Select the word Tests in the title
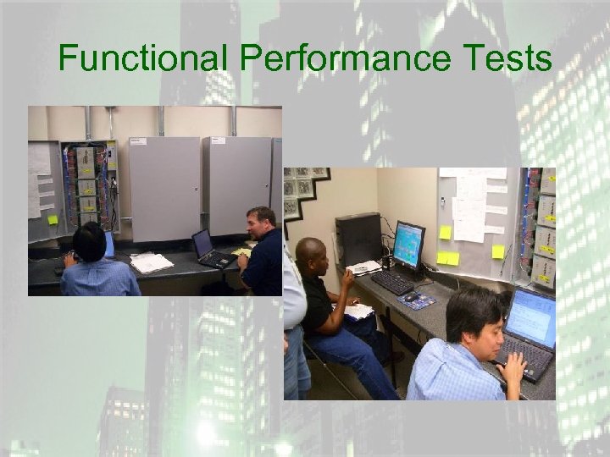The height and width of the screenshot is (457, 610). click(x=512, y=59)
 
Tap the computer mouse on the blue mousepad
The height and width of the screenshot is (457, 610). click(x=411, y=296)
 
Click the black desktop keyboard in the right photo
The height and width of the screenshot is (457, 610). click(x=391, y=282)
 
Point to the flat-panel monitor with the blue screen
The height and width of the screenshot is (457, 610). click(x=408, y=245)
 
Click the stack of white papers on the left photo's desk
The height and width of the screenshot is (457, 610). click(x=151, y=262)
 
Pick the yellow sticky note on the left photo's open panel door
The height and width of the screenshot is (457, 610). click(x=53, y=219)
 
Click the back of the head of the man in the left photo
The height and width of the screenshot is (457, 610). click(x=86, y=241)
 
